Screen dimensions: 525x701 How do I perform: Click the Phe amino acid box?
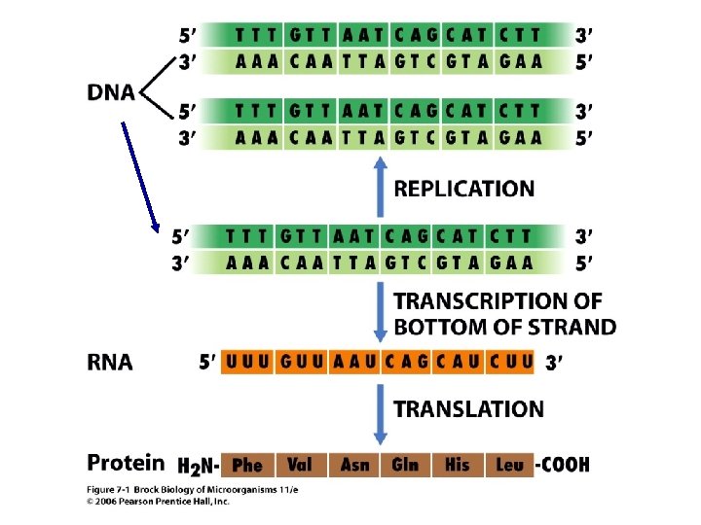point(248,465)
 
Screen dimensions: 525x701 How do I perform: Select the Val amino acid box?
point(300,465)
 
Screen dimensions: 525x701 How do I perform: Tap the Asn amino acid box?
point(354,465)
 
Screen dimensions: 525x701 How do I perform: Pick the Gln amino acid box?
point(405,465)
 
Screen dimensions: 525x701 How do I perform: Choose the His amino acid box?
point(457,465)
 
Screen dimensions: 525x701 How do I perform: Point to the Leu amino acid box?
point(509,465)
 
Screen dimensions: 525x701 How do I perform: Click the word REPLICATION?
point(464,189)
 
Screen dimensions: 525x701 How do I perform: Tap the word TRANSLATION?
point(468,410)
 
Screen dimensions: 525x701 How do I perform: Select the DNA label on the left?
point(113,93)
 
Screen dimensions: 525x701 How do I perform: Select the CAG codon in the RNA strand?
point(406,363)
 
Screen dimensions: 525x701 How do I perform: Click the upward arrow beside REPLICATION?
point(381,191)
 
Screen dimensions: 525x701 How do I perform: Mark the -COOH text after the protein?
point(563,465)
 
